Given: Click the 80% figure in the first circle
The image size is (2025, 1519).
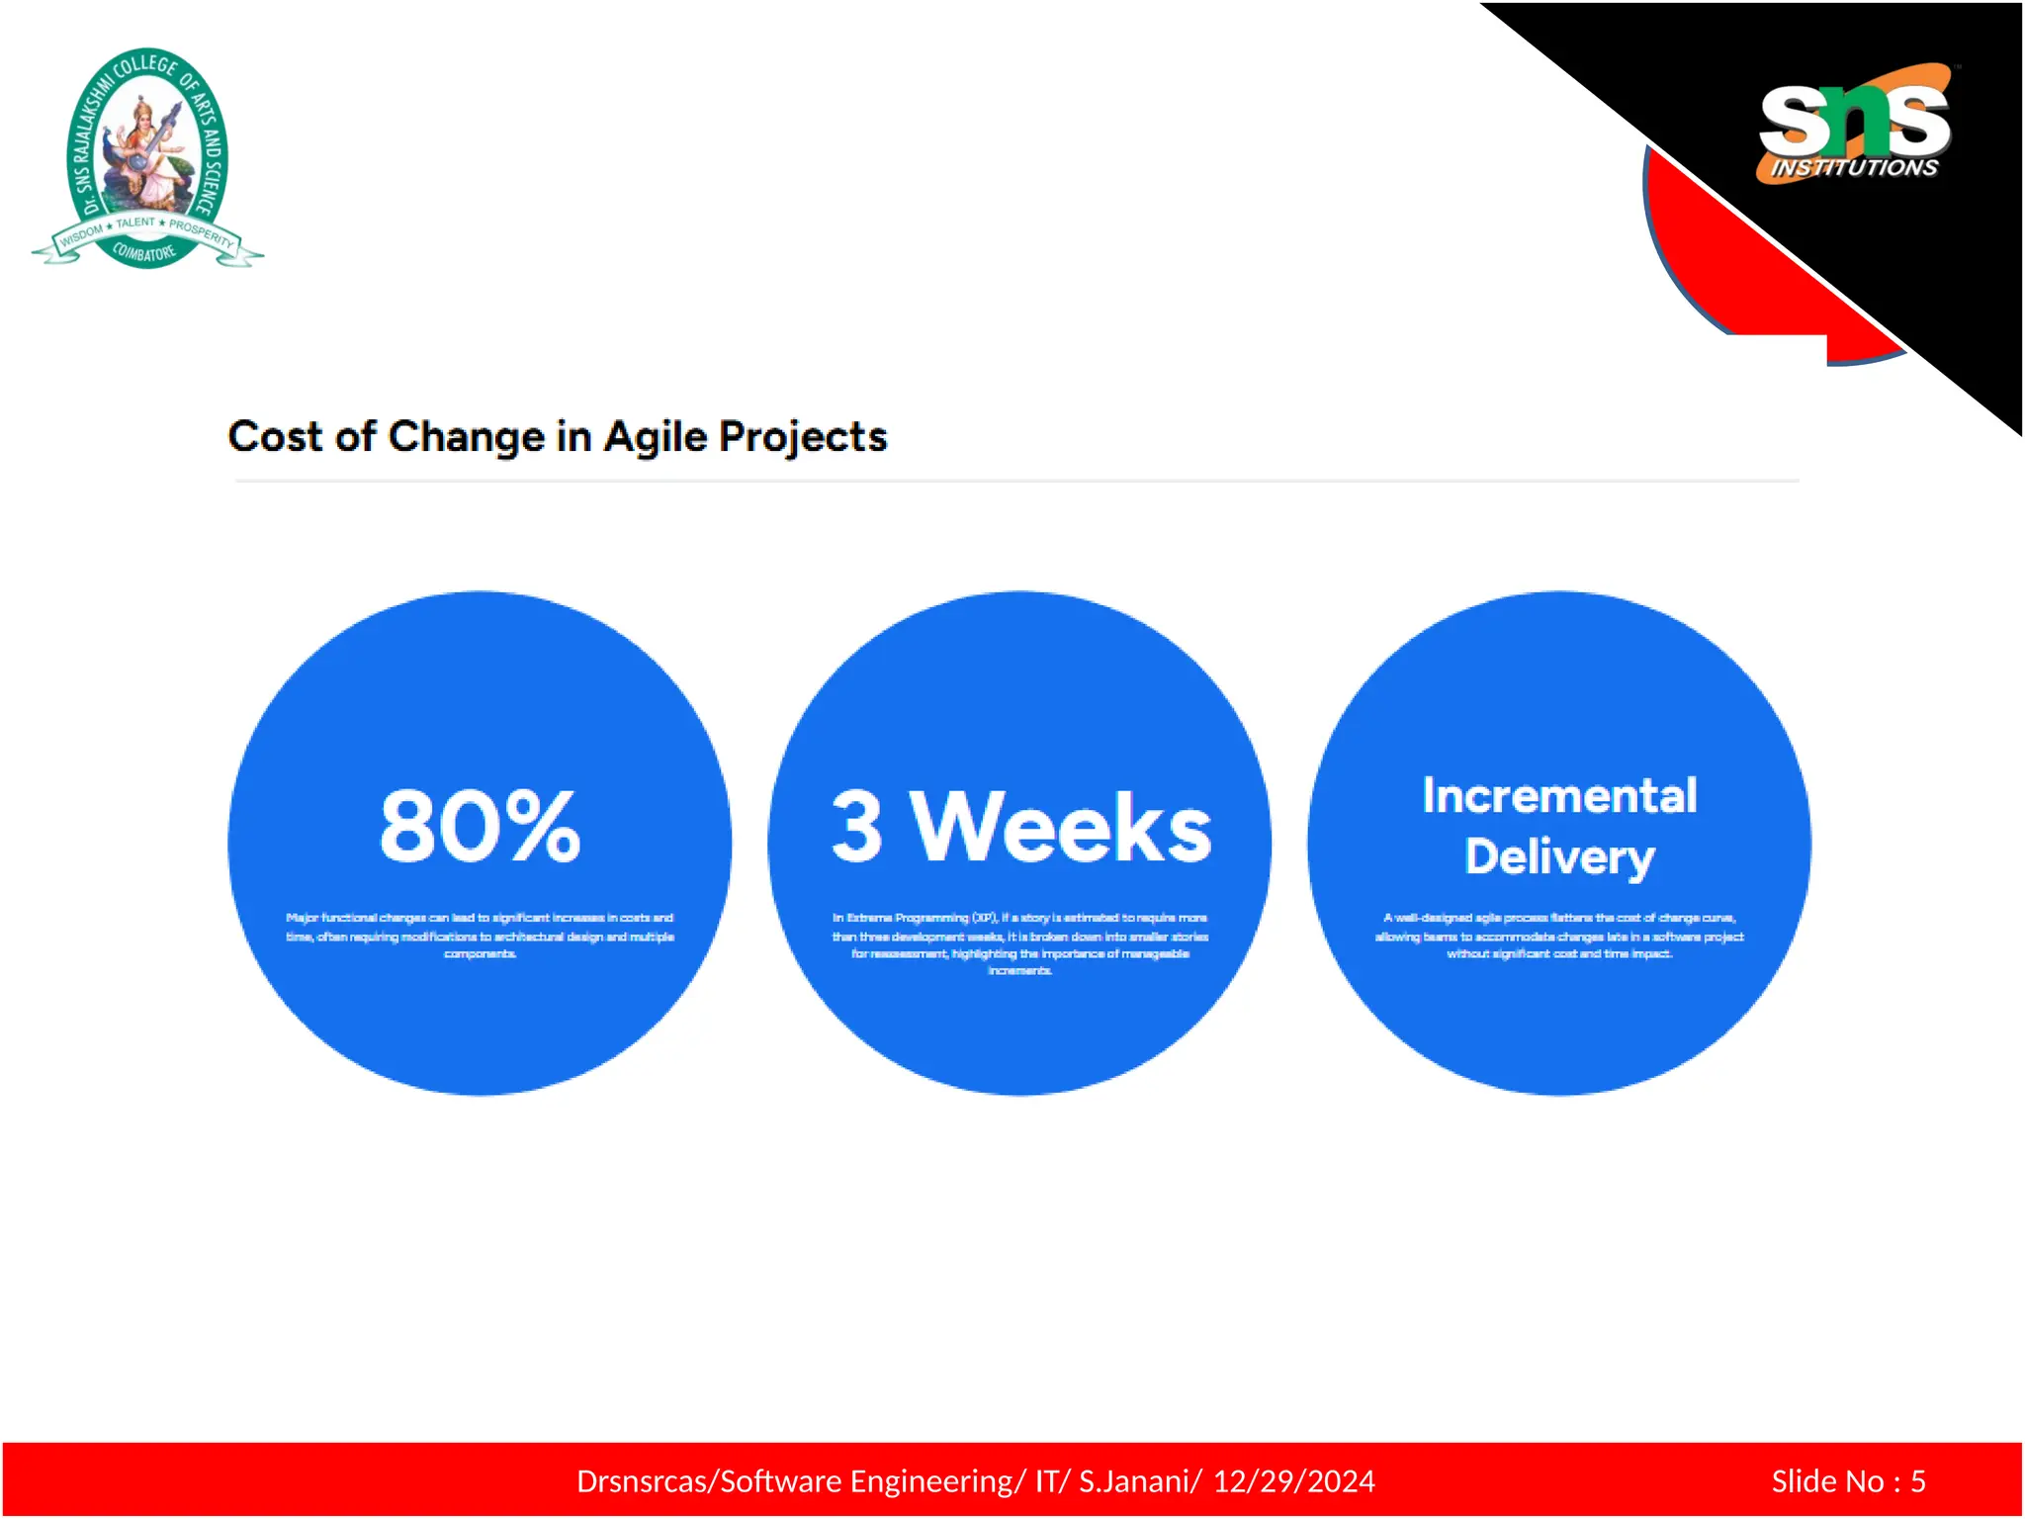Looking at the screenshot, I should click(480, 826).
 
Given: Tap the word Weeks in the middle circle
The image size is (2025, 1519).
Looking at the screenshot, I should click(1060, 828).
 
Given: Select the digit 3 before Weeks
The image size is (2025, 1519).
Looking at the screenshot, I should click(856, 828).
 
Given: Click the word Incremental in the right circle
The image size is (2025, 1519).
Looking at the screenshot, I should click(1559, 796).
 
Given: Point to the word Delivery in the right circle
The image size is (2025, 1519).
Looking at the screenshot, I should click(1559, 857).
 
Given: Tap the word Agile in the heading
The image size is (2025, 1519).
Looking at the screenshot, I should click(655, 437).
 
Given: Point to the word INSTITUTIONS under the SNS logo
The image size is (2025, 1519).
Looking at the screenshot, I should click(1854, 168).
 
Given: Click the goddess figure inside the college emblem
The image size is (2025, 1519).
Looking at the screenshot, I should click(146, 148).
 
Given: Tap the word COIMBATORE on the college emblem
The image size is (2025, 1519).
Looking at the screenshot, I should click(144, 252).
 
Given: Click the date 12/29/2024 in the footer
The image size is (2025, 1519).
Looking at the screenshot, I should click(1293, 1481).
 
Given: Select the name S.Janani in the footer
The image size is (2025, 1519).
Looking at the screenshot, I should click(1139, 1481).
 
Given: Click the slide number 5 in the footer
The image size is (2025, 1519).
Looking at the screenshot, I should click(1917, 1481).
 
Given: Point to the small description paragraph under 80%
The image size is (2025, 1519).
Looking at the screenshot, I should click(480, 936).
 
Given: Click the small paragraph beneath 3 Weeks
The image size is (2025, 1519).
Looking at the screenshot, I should click(1019, 943).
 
